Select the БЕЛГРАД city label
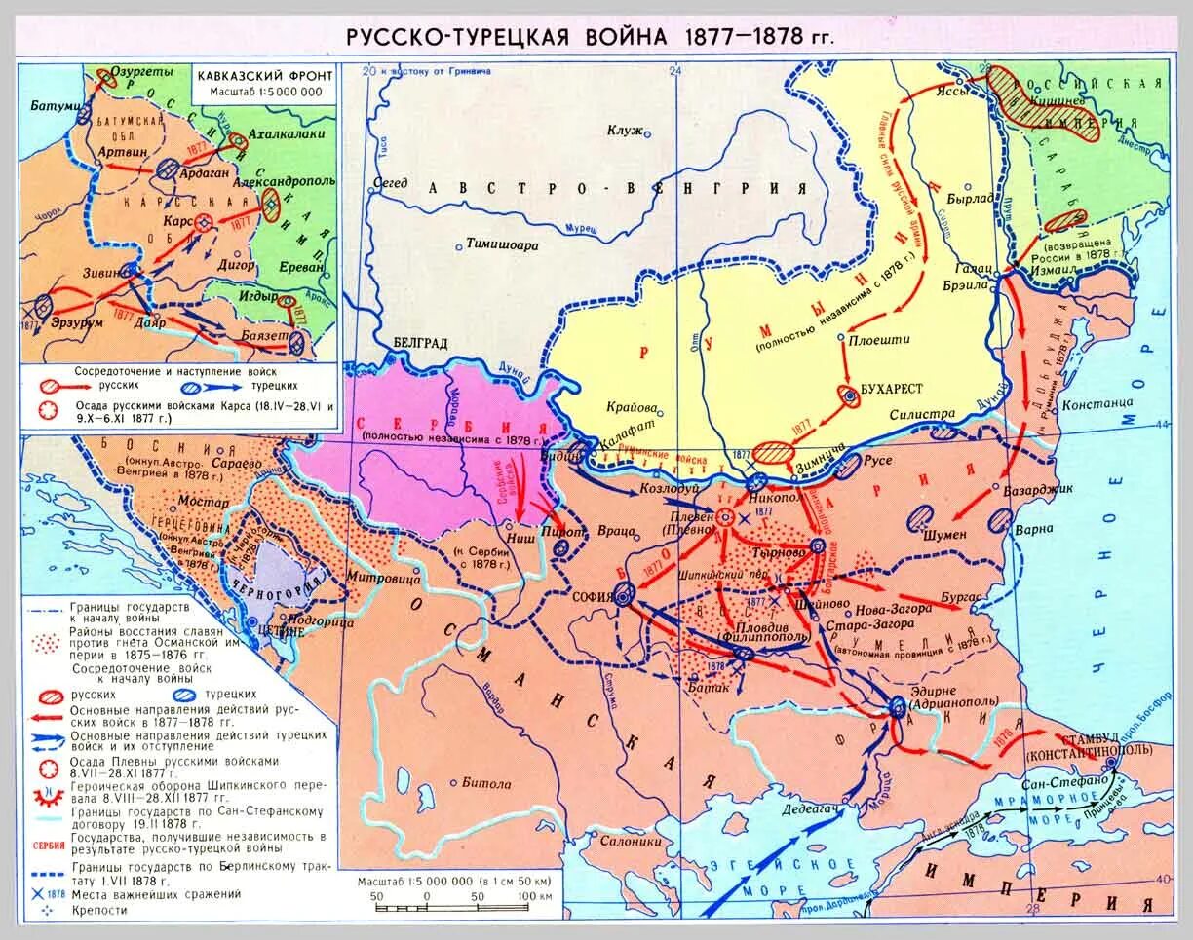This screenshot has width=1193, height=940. point(420,344)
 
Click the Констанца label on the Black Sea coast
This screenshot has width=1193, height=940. point(1097,403)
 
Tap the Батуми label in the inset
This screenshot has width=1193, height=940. point(52,105)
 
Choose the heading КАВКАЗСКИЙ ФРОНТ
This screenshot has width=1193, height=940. point(264,76)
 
